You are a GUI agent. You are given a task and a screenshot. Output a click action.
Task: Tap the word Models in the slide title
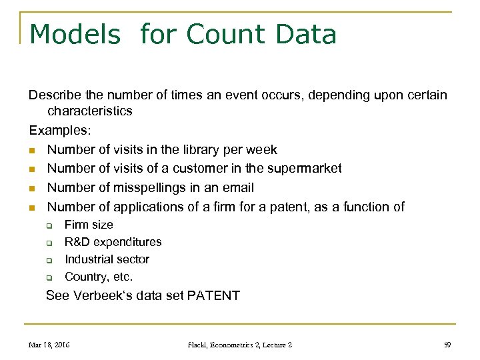click(x=75, y=34)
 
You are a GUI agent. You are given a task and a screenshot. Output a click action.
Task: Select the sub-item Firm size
click(x=89, y=225)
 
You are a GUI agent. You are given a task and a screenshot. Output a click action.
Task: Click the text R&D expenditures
click(x=113, y=243)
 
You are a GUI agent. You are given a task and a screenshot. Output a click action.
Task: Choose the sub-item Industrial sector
click(x=107, y=260)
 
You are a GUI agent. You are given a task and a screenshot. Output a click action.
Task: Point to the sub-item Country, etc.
click(x=99, y=277)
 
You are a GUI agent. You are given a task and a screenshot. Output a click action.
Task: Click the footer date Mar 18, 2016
click(x=49, y=345)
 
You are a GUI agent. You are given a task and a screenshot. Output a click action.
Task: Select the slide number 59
click(x=447, y=345)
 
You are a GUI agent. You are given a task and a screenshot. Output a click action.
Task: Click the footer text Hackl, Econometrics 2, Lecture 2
click(x=240, y=345)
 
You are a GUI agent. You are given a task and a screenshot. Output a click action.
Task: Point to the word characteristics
click(x=90, y=111)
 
